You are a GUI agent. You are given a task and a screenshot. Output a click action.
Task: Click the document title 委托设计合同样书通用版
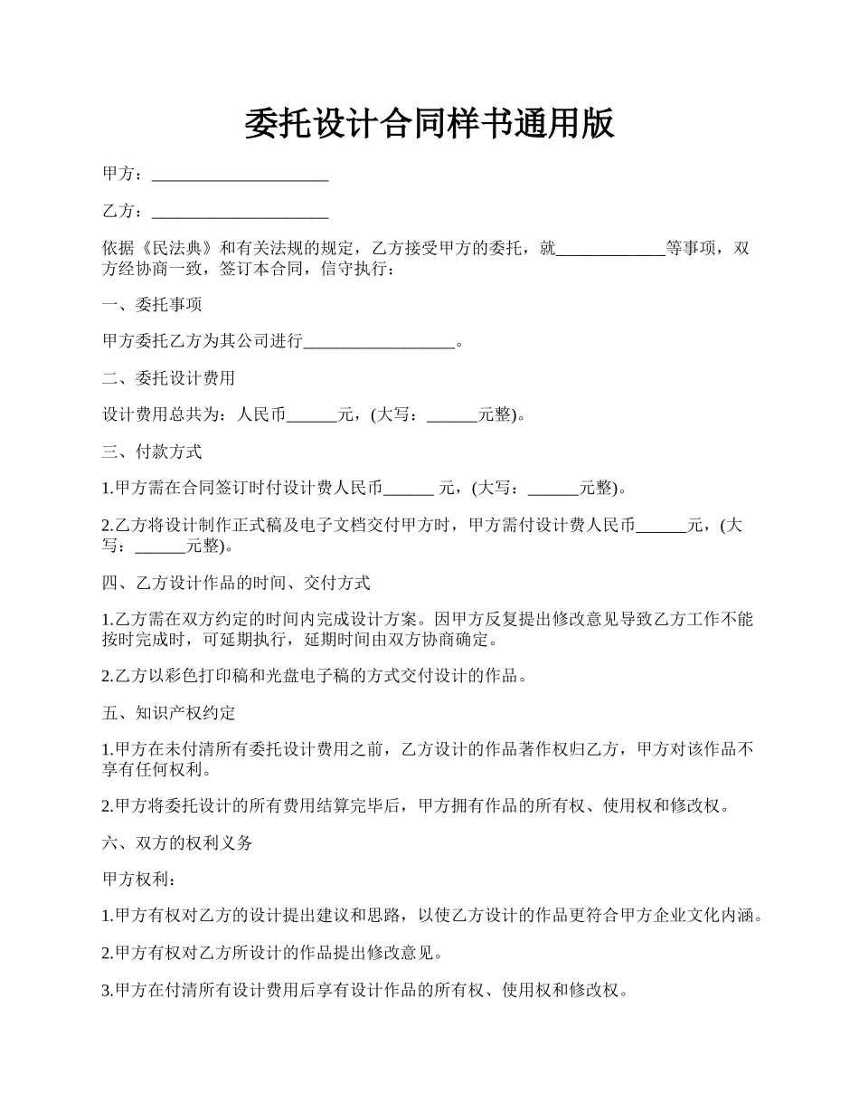tap(429, 124)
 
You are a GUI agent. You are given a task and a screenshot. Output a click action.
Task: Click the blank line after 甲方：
tap(240, 175)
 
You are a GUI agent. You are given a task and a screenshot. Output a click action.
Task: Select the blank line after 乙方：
tap(240, 212)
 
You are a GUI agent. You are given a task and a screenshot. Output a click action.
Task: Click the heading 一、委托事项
tap(152, 305)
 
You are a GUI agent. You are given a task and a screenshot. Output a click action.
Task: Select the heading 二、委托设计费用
tap(168, 378)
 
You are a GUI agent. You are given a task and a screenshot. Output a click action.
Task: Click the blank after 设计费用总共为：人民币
tap(311, 415)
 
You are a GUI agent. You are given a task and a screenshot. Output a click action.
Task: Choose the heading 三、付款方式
tap(152, 452)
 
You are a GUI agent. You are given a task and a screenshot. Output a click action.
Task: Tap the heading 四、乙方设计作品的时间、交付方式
tap(236, 583)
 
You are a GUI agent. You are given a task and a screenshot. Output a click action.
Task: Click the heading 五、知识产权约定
tap(168, 713)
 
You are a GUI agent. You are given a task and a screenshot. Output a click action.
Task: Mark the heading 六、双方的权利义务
tap(177, 842)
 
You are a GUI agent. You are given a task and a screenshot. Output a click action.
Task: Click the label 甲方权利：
tap(136, 879)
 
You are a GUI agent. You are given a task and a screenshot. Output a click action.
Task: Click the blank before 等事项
tap(610, 249)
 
